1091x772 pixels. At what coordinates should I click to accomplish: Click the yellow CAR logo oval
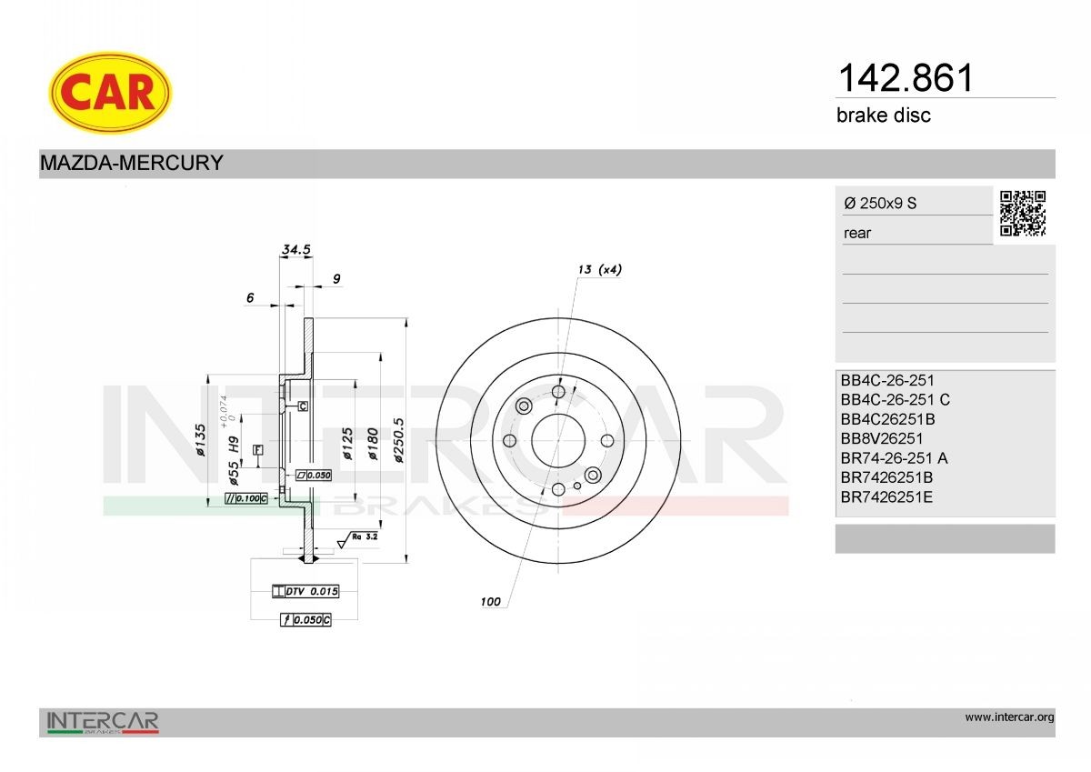[109, 91]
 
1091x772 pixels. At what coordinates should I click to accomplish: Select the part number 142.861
[904, 78]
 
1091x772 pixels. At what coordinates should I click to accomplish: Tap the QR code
[1023, 214]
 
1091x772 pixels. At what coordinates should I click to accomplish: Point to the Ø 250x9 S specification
[880, 204]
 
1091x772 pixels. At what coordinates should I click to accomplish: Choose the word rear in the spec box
[857, 234]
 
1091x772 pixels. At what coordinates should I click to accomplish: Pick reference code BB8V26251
[882, 439]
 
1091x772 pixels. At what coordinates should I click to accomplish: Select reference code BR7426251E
[887, 497]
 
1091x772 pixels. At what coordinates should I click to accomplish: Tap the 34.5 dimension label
[296, 248]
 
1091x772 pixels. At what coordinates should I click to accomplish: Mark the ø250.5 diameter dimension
[399, 441]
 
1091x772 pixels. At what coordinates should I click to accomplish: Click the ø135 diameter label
[201, 439]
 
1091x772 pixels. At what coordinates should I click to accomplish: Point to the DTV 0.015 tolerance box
[305, 592]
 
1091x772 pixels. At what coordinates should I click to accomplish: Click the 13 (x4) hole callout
[599, 269]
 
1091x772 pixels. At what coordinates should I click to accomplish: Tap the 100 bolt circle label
[491, 602]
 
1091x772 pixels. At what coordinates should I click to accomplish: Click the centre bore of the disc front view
[557, 441]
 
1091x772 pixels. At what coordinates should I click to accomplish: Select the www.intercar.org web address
[1009, 717]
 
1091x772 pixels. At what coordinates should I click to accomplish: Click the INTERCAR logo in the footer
[103, 722]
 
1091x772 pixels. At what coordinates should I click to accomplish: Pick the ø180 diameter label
[372, 441]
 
